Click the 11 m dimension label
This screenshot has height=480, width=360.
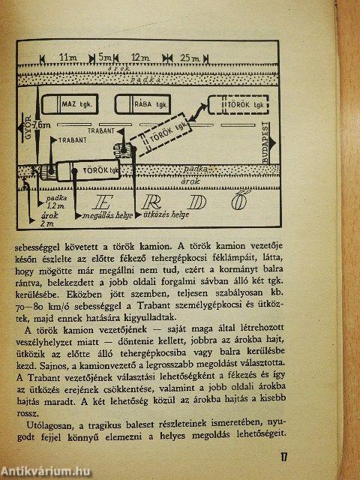(71, 57)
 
